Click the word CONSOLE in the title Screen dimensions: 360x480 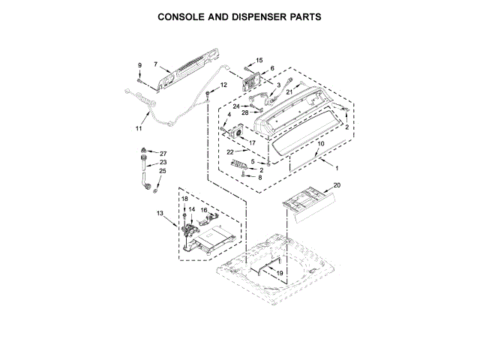pyautogui.click(x=185, y=15)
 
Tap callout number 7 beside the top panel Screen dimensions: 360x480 pyautogui.click(x=156, y=64)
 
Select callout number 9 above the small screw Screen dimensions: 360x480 pyautogui.click(x=139, y=67)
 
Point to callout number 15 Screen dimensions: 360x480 pyautogui.click(x=259, y=59)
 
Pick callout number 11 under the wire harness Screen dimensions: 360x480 pyautogui.click(x=139, y=128)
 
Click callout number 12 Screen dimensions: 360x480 pyautogui.click(x=223, y=85)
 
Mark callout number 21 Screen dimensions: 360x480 pyautogui.click(x=289, y=91)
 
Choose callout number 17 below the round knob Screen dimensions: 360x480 pyautogui.click(x=252, y=142)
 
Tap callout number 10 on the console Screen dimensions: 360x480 pyautogui.click(x=320, y=143)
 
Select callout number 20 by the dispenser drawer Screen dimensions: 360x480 pyautogui.click(x=337, y=185)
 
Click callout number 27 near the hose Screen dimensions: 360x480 pyautogui.click(x=163, y=153)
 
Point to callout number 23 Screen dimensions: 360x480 pyautogui.click(x=163, y=163)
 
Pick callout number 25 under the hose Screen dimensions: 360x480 pyautogui.click(x=163, y=172)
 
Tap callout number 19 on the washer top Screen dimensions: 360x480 pyautogui.click(x=279, y=274)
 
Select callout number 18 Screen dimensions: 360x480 pyautogui.click(x=183, y=199)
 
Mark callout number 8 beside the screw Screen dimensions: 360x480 pyautogui.click(x=259, y=178)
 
